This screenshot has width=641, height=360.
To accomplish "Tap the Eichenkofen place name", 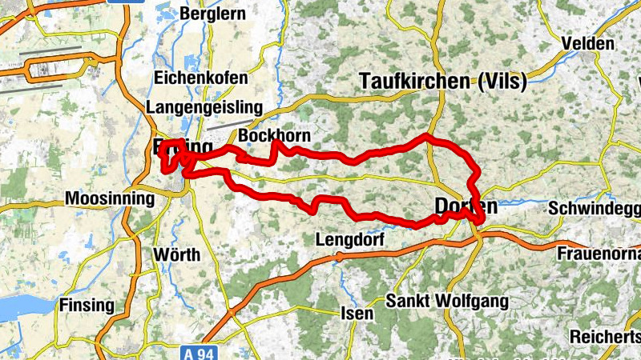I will pyautogui.click(x=198, y=78).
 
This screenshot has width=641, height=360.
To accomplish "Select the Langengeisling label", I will pyautogui.click(x=205, y=107).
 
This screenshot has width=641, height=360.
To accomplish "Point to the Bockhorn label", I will pyautogui.click(x=274, y=137).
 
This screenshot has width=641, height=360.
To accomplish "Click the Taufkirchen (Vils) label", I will pyautogui.click(x=443, y=81).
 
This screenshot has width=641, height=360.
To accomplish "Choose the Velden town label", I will pyautogui.click(x=588, y=43).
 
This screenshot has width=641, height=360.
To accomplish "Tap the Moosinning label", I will pyautogui.click(x=109, y=198).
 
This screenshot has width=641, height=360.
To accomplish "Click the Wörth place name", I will pyautogui.click(x=176, y=255).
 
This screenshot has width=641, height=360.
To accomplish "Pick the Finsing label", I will pyautogui.click(x=87, y=305).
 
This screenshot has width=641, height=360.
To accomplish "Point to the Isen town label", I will pyautogui.click(x=357, y=313).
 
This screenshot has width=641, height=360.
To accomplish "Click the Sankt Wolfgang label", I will pyautogui.click(x=447, y=302).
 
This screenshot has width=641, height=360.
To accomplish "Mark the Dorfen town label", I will pyautogui.click(x=466, y=206).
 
